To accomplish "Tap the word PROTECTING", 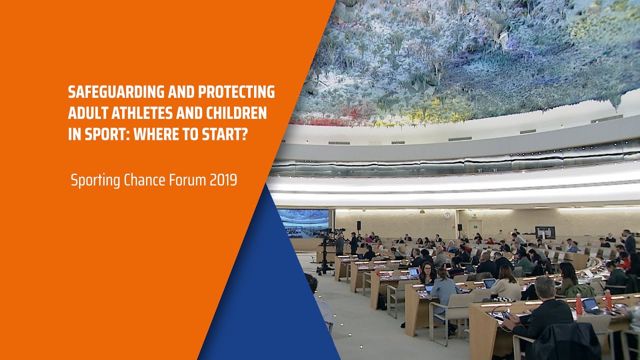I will coord(236,92).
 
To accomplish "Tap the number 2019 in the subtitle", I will coord(223,179).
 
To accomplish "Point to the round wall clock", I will coord(446,215).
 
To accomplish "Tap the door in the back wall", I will coord(474,227).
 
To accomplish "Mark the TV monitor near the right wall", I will coord(545,232).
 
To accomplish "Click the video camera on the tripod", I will coord(330,235).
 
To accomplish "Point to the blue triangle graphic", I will coord(270,290).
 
